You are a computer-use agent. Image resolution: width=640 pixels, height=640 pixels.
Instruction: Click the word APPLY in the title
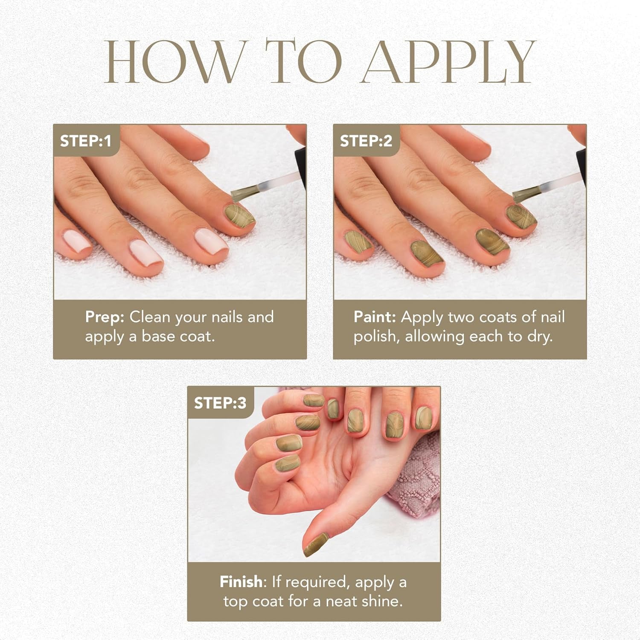pos(448,62)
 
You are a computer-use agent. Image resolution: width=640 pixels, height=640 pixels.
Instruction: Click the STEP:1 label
pos(85,141)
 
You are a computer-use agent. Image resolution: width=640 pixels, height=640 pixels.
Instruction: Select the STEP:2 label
pos(366,141)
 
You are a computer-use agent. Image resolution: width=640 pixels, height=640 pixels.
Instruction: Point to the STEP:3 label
pos(220,403)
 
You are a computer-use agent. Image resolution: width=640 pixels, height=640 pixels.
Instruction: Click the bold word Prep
pos(105,317)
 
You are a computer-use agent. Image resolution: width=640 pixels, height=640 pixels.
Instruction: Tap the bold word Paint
pos(375,317)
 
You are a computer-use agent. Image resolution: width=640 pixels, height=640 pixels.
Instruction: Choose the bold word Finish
pos(241,582)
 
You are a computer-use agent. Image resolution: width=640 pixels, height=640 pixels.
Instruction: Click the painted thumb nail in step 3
pos(316,545)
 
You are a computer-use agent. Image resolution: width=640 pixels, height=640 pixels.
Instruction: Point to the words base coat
pos(178,337)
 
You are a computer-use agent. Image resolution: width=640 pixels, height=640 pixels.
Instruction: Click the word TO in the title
pos(304,62)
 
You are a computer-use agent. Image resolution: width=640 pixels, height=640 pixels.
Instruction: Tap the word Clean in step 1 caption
pos(150,317)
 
